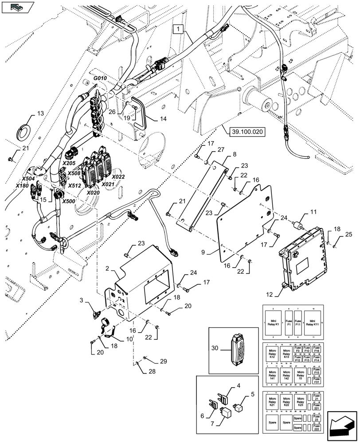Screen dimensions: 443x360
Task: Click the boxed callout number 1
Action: pyautogui.click(x=178, y=29)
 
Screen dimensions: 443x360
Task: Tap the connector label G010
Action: pyautogui.click(x=100, y=78)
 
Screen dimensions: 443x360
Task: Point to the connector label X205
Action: pyautogui.click(x=69, y=163)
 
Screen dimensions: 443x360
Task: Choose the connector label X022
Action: pyautogui.click(x=118, y=177)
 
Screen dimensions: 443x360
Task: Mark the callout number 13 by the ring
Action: pyautogui.click(x=40, y=114)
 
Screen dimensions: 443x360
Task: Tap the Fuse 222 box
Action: pyautogui.click(x=317, y=427)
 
